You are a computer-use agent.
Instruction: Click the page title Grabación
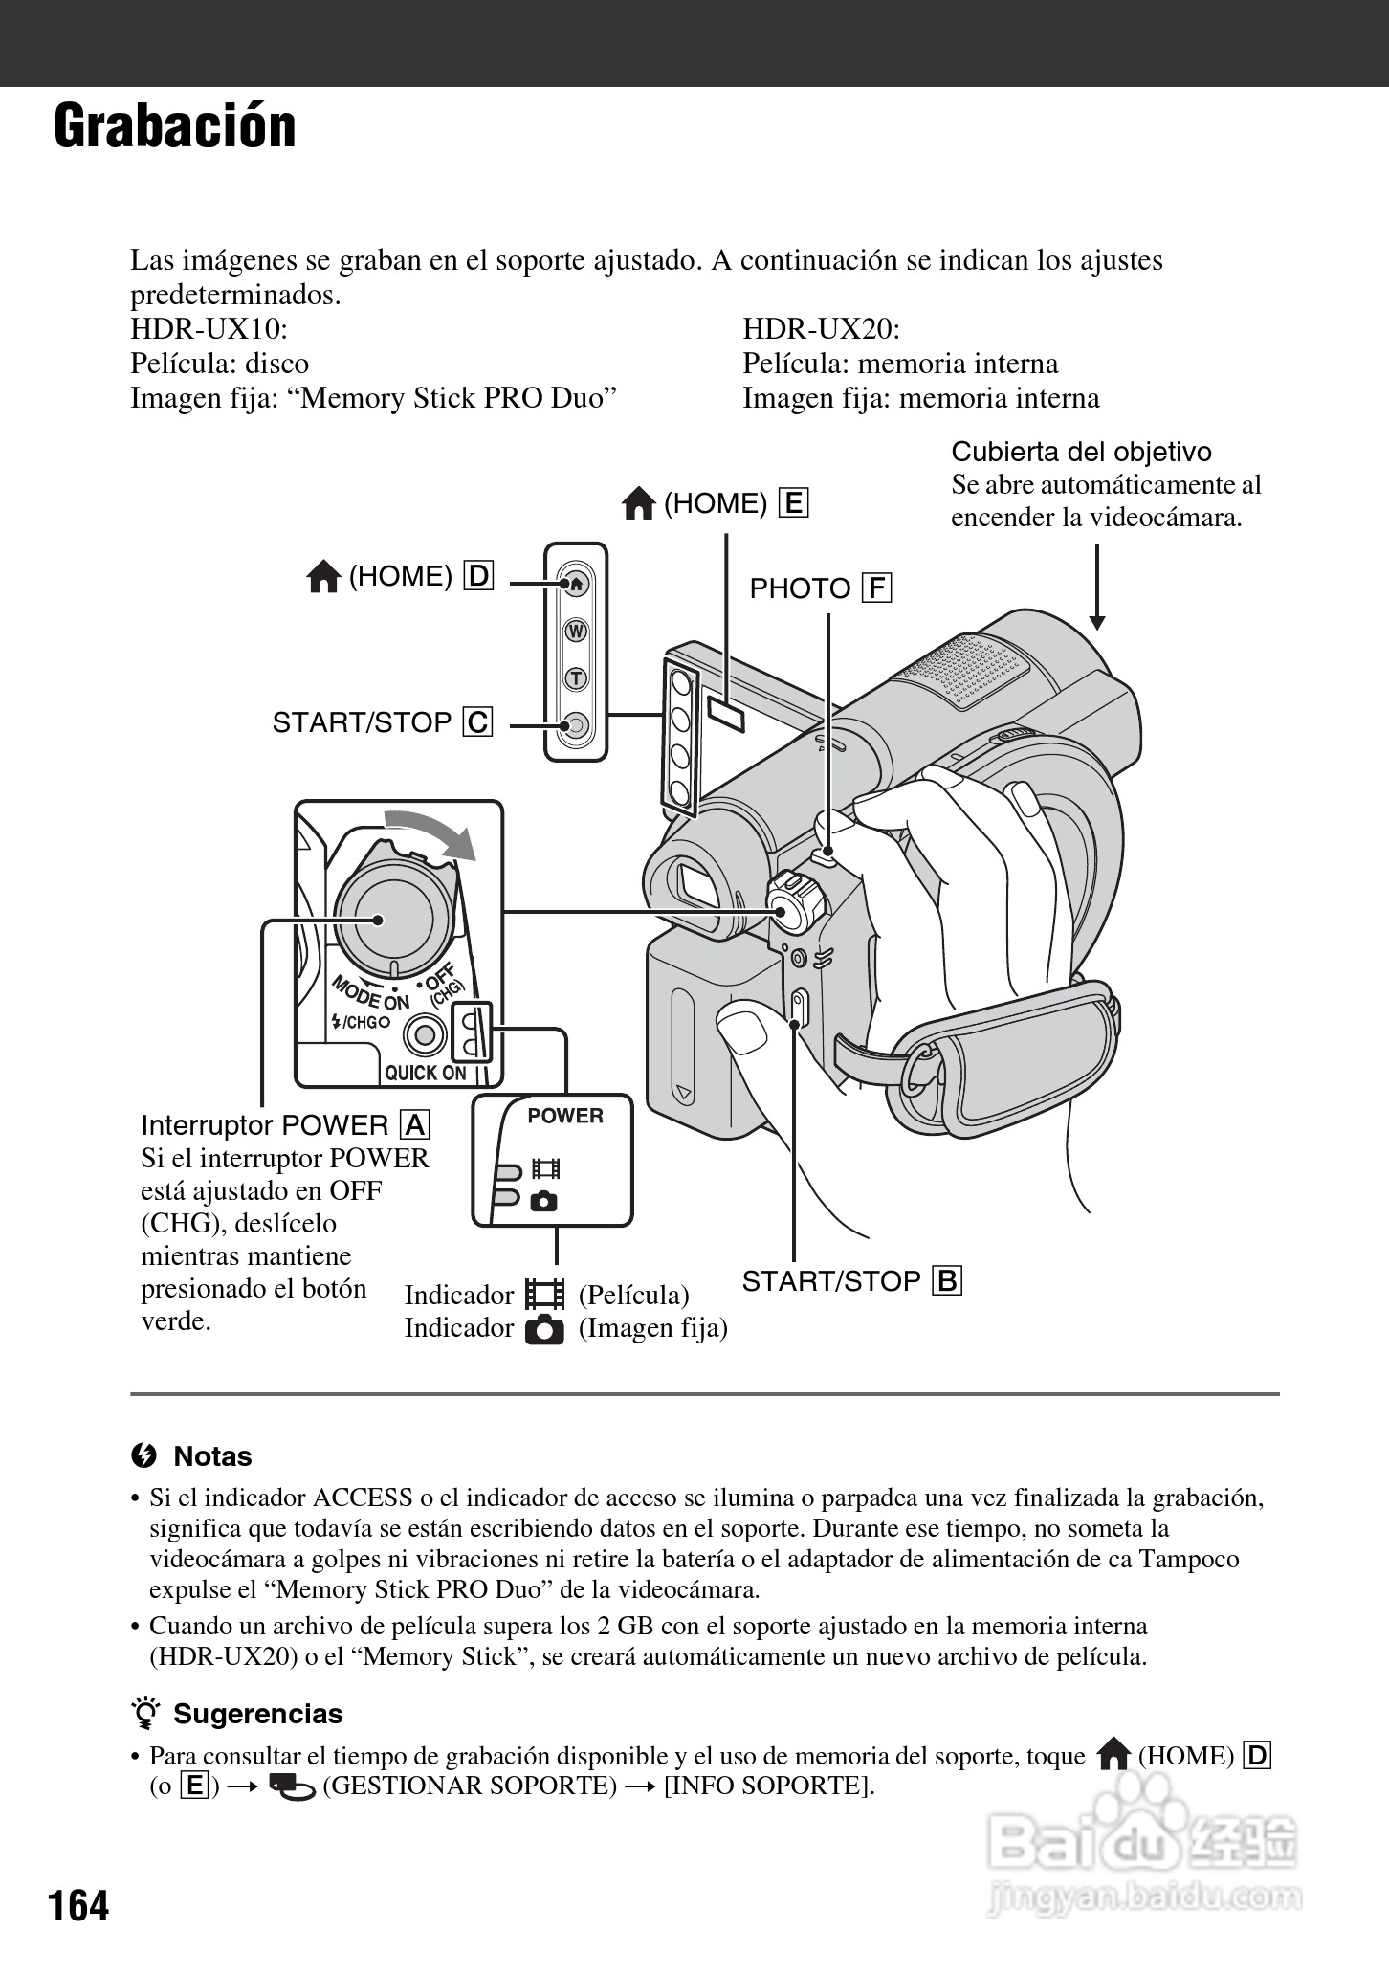pos(175,126)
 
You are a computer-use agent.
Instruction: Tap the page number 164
pos(79,1904)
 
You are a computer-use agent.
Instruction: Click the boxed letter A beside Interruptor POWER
pos(415,1125)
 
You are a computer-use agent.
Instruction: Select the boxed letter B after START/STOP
pos(947,1280)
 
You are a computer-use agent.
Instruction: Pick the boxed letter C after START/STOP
pos(477,722)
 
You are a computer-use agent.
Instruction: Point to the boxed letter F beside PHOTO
pos(875,588)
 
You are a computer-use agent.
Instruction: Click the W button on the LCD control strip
pos(576,632)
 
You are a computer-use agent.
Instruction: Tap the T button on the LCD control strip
pos(576,678)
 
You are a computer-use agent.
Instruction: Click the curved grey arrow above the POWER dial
pos(430,831)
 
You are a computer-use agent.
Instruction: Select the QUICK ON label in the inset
pos(426,1073)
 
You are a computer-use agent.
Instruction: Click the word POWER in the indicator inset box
pos(565,1116)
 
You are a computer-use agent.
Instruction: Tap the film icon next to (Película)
pos(544,1295)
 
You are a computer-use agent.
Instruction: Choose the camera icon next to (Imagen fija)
pos(544,1329)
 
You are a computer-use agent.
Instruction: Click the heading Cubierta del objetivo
pos(1081,452)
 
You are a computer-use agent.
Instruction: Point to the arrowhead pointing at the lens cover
pos(1097,621)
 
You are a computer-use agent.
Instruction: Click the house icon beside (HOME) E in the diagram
pos(638,503)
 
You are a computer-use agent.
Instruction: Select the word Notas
pos(212,1456)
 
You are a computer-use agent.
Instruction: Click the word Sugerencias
pos(257,1714)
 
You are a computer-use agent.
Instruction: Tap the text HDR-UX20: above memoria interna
pos(821,329)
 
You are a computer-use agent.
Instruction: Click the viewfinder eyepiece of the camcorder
pos(694,881)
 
